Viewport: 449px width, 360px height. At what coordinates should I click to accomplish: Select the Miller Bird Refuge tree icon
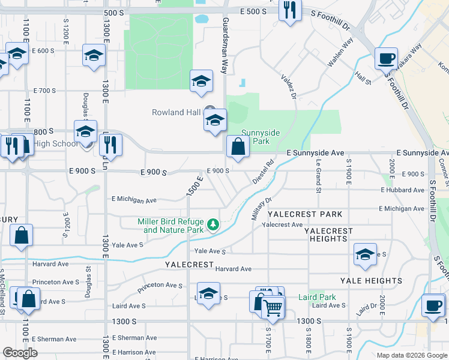212,225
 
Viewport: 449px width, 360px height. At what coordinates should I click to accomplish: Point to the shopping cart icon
273,308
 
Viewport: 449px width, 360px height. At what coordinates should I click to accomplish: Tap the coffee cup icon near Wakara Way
385,59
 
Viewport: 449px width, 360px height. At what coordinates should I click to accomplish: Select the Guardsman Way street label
225,37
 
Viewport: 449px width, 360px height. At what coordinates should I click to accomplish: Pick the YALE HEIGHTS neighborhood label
371,281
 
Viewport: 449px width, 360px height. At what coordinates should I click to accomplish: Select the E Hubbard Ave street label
402,190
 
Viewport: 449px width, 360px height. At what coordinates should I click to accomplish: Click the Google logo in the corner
20,353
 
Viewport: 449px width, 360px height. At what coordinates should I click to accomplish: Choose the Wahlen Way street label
339,52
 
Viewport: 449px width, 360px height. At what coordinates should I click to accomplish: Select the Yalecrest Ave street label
282,224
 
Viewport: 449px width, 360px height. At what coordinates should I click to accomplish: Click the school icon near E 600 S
94,56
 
